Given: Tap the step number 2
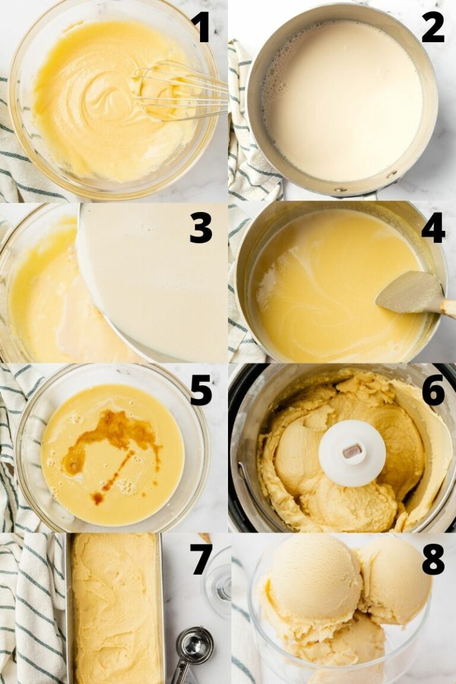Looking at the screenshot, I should [433, 27].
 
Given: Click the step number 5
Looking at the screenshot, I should [201, 390].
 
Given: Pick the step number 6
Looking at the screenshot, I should [433, 390].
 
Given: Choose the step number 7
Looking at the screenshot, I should [201, 559].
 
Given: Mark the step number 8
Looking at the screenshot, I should [433, 559].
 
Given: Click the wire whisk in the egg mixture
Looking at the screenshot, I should [178, 92].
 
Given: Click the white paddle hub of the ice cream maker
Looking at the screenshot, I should [351, 452].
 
